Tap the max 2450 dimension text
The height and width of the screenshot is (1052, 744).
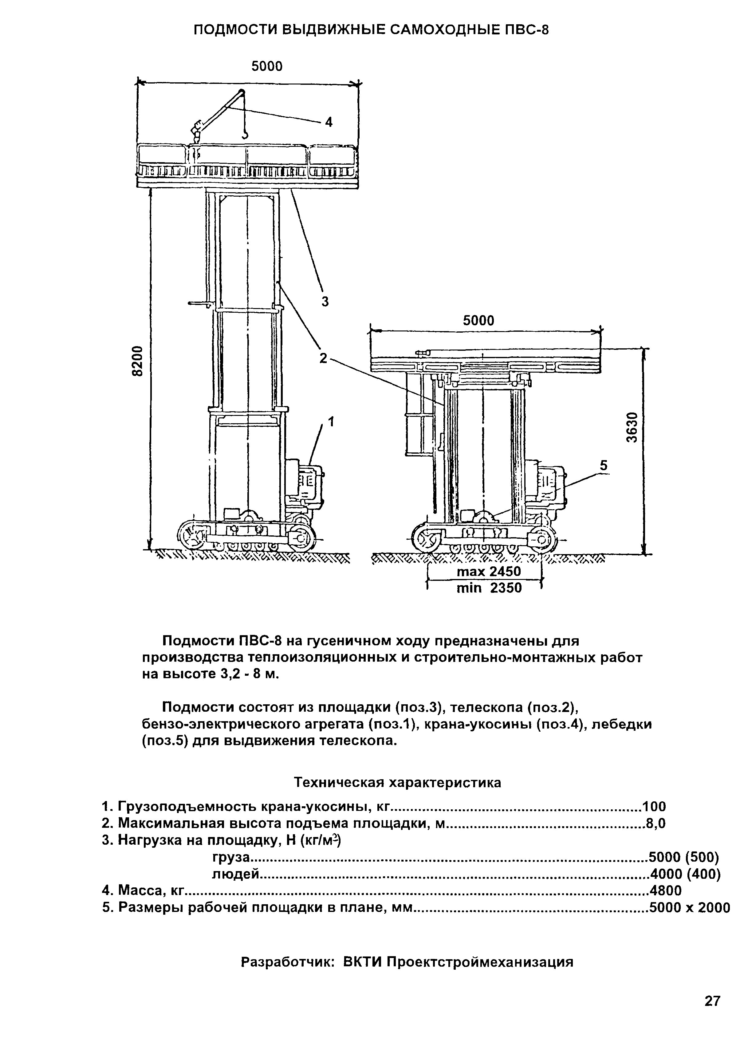coord(489,572)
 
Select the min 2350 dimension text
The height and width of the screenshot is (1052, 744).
coord(489,588)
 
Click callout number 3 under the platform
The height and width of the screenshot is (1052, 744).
coord(325,302)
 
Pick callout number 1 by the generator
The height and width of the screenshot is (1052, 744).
coord(331,421)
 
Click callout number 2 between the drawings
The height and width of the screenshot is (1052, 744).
coord(324,358)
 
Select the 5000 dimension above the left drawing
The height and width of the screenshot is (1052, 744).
coord(267,67)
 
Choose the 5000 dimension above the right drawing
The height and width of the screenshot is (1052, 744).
coord(478,321)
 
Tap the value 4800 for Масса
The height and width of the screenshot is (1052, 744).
coord(665,890)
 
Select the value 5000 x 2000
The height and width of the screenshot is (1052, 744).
coord(689,907)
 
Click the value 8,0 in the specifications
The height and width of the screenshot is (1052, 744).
coord(655,823)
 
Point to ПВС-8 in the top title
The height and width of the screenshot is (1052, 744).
coord(526,30)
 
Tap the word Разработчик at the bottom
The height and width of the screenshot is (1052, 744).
coord(287,962)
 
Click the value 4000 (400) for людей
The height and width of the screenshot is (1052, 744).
coord(685,874)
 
